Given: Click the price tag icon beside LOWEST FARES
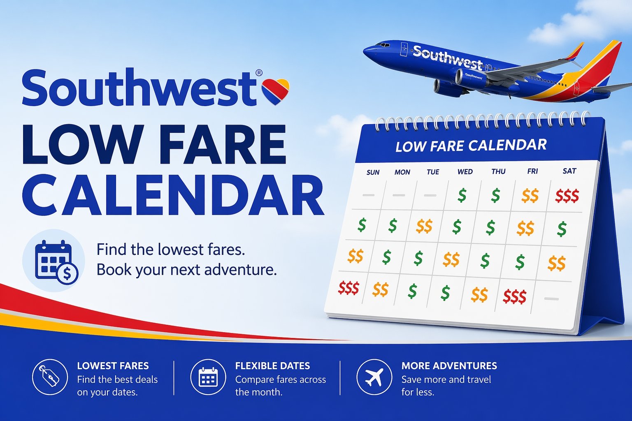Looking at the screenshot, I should [x=50, y=377].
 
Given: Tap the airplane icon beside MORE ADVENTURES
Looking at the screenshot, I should [x=374, y=377].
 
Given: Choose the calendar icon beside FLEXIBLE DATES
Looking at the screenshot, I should [x=208, y=377].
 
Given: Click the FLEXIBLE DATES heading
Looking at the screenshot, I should [x=272, y=366].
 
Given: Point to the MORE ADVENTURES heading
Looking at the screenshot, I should [x=449, y=366].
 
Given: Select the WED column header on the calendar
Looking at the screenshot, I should [x=465, y=172].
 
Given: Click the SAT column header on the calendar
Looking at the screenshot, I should [x=569, y=171].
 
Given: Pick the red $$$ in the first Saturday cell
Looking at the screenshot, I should [x=567, y=196].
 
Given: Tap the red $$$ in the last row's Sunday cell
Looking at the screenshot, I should [x=349, y=288].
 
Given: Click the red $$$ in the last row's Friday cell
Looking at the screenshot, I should [x=514, y=296].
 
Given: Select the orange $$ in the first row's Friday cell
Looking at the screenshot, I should [x=530, y=196].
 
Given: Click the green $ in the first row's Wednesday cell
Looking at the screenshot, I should [x=462, y=195].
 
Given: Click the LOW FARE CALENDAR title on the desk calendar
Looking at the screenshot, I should [x=471, y=146].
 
